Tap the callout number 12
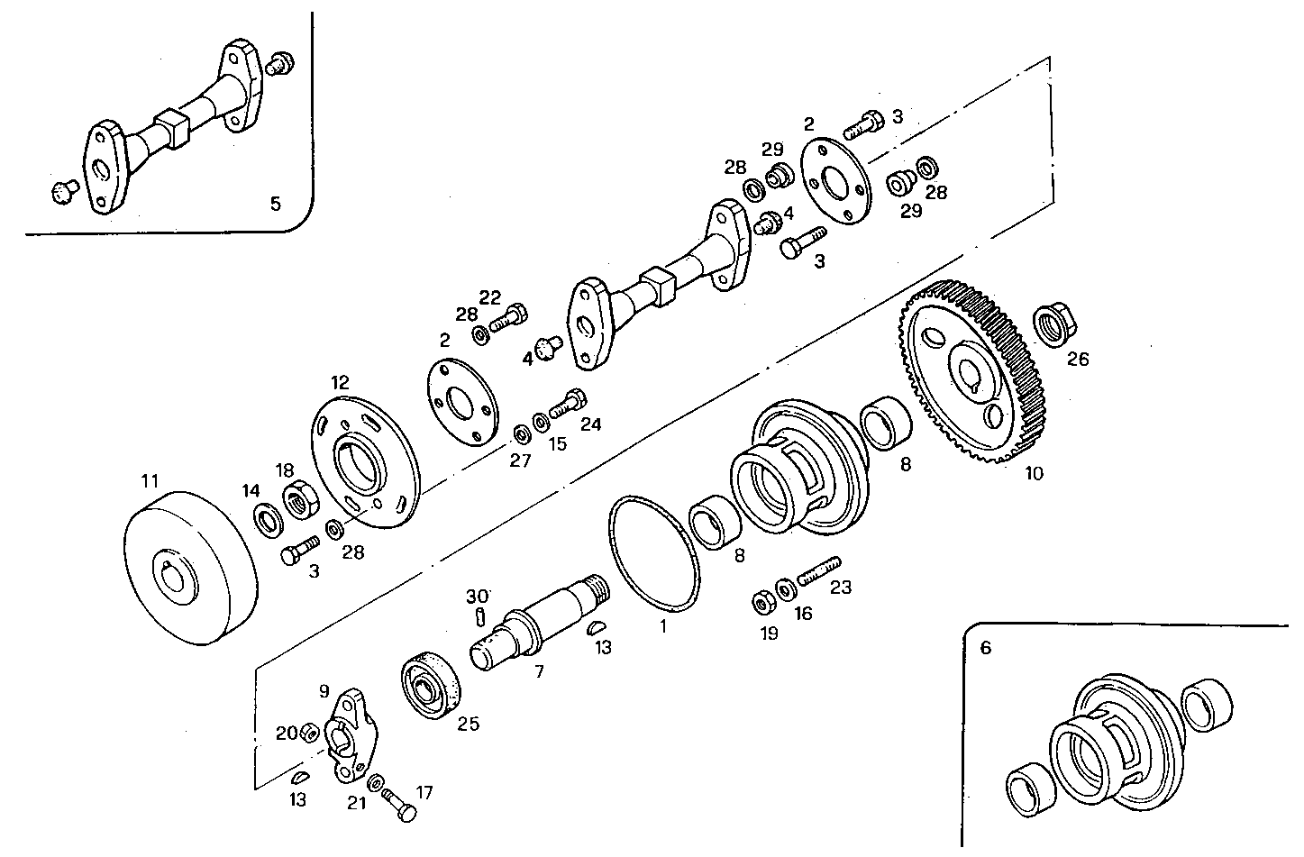point(339,382)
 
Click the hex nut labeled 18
point(298,500)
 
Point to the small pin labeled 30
point(481,615)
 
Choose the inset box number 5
point(276,204)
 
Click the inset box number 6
point(985,648)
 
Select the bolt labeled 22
point(509,318)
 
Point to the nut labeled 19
point(760,601)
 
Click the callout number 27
point(521,460)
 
